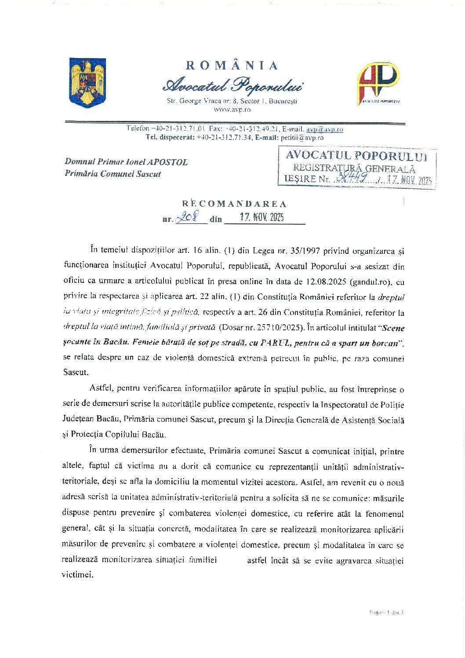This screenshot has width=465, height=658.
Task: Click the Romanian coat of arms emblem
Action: (x=88, y=82)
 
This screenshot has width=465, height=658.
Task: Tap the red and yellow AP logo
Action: (x=378, y=83)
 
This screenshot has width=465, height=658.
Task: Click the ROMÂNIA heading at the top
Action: (x=232, y=66)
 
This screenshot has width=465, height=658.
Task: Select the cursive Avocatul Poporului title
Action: (x=232, y=85)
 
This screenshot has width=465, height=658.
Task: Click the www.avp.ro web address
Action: (x=232, y=110)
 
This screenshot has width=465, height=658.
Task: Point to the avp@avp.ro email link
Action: (x=325, y=129)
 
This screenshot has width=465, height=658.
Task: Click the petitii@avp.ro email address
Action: (x=302, y=137)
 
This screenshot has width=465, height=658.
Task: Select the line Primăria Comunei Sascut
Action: (x=113, y=174)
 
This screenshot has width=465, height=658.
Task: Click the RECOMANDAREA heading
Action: (x=234, y=204)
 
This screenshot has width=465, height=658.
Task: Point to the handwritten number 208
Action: (x=187, y=217)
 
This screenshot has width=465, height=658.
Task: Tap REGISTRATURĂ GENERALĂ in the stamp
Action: (x=354, y=168)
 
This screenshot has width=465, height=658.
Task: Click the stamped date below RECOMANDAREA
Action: (x=262, y=217)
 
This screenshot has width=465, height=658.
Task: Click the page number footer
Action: (x=387, y=612)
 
